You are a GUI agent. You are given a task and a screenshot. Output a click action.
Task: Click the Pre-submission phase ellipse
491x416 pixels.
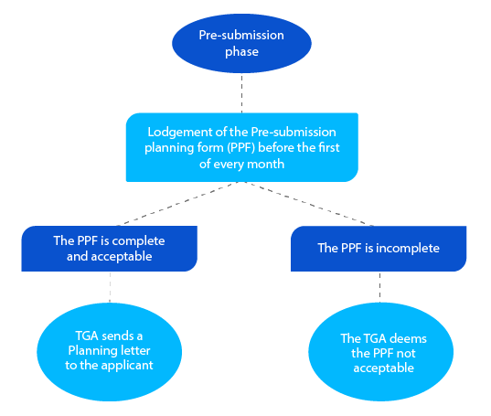tap(242, 43)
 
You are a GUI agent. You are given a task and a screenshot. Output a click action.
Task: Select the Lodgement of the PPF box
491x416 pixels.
tap(241, 146)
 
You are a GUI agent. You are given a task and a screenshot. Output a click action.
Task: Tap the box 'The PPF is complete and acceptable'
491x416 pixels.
tap(110, 249)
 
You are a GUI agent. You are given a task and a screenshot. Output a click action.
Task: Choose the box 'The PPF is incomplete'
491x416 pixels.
tap(379, 249)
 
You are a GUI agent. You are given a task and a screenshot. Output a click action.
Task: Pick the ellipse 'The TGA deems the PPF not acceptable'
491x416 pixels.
tap(379, 353)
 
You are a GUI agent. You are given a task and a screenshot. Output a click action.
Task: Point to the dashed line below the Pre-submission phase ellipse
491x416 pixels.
tap(242, 92)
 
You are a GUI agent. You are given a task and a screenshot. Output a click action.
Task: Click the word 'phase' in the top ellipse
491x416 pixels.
tap(242, 52)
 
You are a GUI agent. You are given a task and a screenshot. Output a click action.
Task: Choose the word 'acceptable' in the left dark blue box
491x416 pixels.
tap(134, 256)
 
